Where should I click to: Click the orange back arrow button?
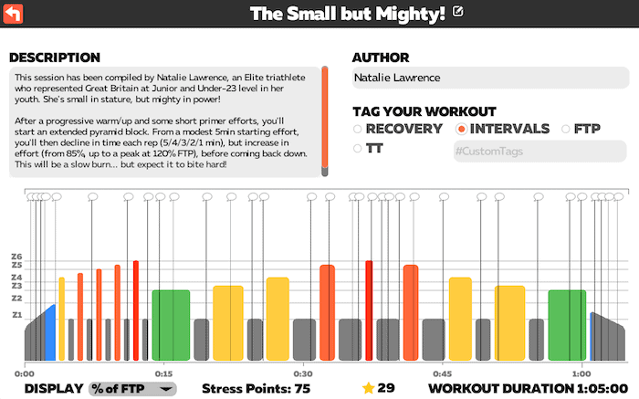tap(13, 13)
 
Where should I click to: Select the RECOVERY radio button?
tap(358, 129)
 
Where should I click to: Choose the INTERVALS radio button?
tap(461, 129)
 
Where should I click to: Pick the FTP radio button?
tap(566, 129)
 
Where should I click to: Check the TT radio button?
tap(358, 148)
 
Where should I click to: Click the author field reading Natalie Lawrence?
tap(489, 79)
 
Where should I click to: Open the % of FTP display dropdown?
tap(132, 388)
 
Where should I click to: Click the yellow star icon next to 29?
tap(368, 388)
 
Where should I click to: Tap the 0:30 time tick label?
tap(302, 373)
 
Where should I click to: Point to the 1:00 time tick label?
tap(581, 373)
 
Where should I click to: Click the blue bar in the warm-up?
tap(50, 333)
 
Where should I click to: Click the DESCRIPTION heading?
tap(54, 58)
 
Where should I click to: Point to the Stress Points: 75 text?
tap(256, 388)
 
